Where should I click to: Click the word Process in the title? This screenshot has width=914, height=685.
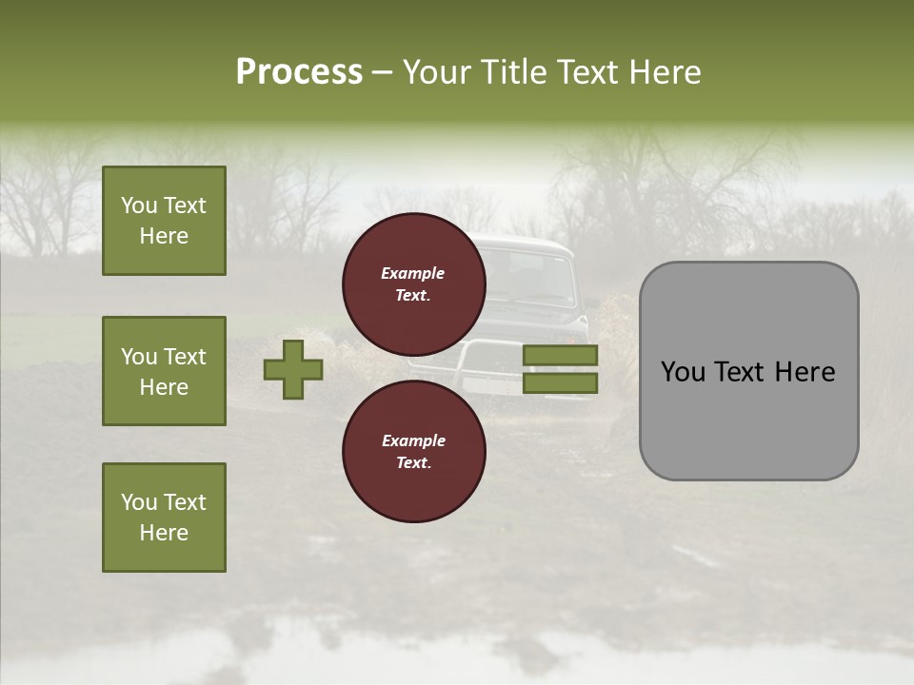point(299,72)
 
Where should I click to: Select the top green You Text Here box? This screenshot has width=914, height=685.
point(164,221)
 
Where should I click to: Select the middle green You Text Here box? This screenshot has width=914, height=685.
point(164,371)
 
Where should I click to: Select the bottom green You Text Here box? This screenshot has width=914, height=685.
point(164,517)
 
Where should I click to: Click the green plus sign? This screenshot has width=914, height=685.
point(293,369)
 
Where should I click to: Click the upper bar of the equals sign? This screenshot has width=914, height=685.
point(560,355)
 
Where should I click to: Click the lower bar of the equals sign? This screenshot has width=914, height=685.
point(560,382)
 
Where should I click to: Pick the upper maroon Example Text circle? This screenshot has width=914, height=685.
point(414,284)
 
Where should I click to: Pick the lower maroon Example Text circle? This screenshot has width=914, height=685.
point(414,451)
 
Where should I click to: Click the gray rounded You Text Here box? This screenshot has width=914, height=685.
point(748,371)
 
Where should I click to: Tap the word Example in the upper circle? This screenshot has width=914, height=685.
point(413,273)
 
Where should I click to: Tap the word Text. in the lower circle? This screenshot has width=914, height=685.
point(413,462)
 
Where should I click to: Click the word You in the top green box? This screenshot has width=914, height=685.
point(139,205)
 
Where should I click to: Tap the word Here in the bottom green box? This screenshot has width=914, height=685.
point(164,533)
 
